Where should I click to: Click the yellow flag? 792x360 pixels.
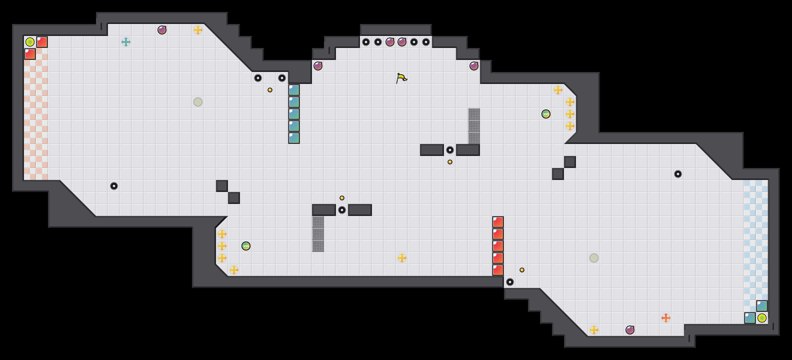pyautogui.click(x=401, y=78)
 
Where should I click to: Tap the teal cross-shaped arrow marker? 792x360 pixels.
pyautogui.click(x=126, y=42)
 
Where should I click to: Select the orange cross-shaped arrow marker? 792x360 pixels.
pyautogui.click(x=666, y=318)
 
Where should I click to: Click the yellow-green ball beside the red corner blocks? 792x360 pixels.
pyautogui.click(x=30, y=42)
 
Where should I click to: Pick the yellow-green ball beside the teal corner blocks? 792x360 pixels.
pyautogui.click(x=762, y=318)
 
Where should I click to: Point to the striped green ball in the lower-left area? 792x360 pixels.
pyautogui.click(x=246, y=246)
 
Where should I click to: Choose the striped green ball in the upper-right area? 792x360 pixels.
pyautogui.click(x=546, y=114)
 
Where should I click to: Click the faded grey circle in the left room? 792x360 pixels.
pyautogui.click(x=198, y=102)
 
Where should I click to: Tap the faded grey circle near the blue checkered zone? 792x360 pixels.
pyautogui.click(x=594, y=258)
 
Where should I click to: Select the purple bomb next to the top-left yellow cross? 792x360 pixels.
pyautogui.click(x=162, y=30)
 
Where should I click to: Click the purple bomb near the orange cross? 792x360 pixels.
pyautogui.click(x=630, y=330)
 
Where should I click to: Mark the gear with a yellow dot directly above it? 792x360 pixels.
pyautogui.click(x=342, y=210)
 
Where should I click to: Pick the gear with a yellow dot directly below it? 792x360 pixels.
pyautogui.click(x=450, y=150)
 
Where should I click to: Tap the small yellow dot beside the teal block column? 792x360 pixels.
pyautogui.click(x=270, y=90)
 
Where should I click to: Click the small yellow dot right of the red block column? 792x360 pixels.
pyautogui.click(x=522, y=270)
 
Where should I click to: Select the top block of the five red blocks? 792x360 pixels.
pyautogui.click(x=498, y=222)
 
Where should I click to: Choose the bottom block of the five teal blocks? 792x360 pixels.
pyautogui.click(x=294, y=138)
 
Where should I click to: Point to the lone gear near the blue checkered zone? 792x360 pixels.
pyautogui.click(x=678, y=174)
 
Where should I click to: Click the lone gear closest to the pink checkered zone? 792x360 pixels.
pyautogui.click(x=114, y=186)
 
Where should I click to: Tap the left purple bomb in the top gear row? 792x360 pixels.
pyautogui.click(x=390, y=42)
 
